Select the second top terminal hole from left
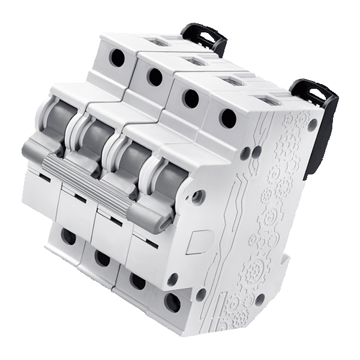pos(154,76)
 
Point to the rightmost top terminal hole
pos(227,118)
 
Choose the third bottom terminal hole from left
pos(137,280)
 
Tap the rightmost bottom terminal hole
pos(172,302)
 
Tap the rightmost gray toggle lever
pos(168,180)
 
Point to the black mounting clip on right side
pos(315,120)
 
